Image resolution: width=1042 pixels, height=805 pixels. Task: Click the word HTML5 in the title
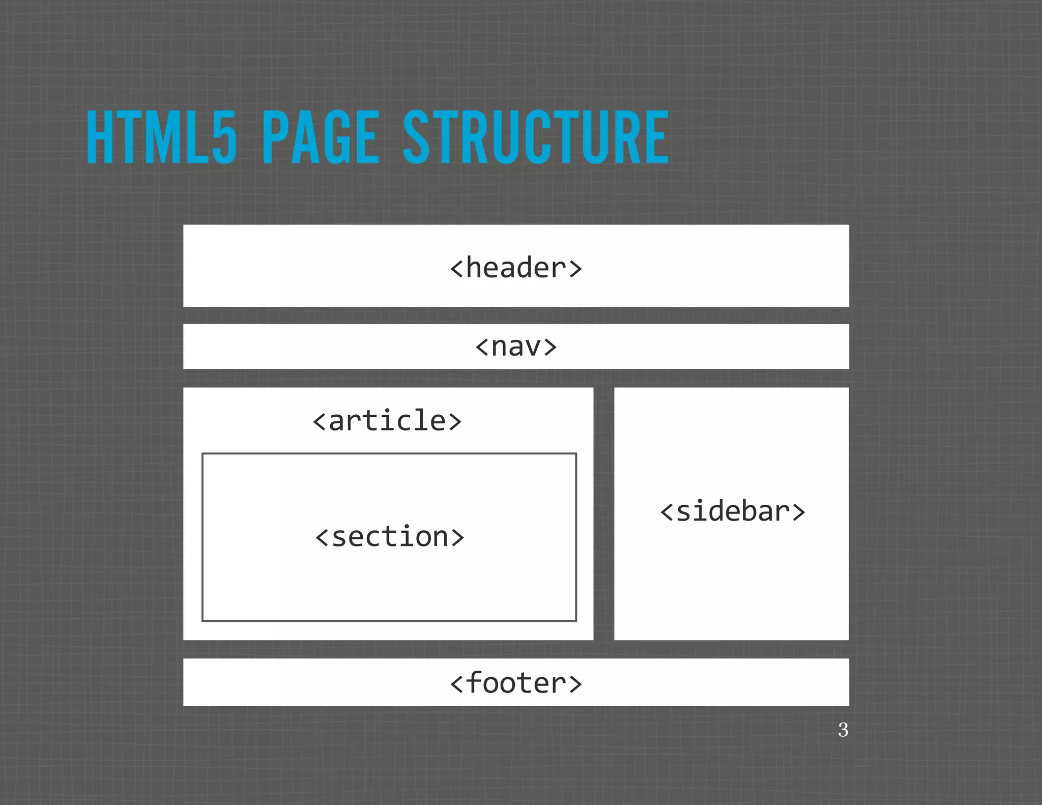click(x=161, y=137)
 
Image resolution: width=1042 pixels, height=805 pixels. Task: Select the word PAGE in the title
click(x=321, y=137)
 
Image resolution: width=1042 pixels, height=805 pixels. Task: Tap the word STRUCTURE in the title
click(x=536, y=137)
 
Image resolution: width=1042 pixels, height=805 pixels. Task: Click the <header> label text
click(x=516, y=268)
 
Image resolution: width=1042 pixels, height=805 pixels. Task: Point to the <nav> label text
click(x=516, y=347)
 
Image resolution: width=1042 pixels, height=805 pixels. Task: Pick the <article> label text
click(x=387, y=421)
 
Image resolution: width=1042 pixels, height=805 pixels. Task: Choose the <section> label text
click(x=390, y=537)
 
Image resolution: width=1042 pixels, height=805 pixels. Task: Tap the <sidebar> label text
click(x=732, y=511)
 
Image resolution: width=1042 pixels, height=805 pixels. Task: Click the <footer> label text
click(x=516, y=683)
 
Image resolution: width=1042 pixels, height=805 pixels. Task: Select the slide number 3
click(x=843, y=730)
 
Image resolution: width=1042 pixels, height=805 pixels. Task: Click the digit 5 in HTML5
click(x=224, y=137)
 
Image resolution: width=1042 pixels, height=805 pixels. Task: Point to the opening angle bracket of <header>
click(x=456, y=269)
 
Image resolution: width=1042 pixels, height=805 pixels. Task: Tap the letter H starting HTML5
click(x=100, y=137)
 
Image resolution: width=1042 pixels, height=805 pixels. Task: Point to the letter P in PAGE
click(x=275, y=137)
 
